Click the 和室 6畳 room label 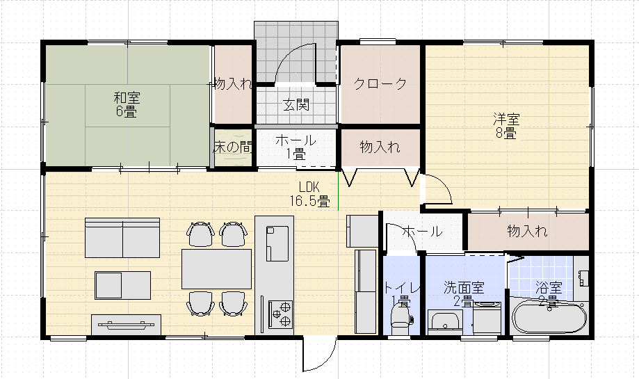click(x=126, y=104)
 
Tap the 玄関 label click(x=296, y=106)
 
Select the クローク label click(x=380, y=84)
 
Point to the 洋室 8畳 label click(x=505, y=126)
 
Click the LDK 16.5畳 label click(x=309, y=194)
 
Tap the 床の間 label click(x=232, y=147)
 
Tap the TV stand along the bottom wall click(x=126, y=324)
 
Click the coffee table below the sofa click(x=122, y=284)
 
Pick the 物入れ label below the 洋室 click(x=527, y=231)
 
